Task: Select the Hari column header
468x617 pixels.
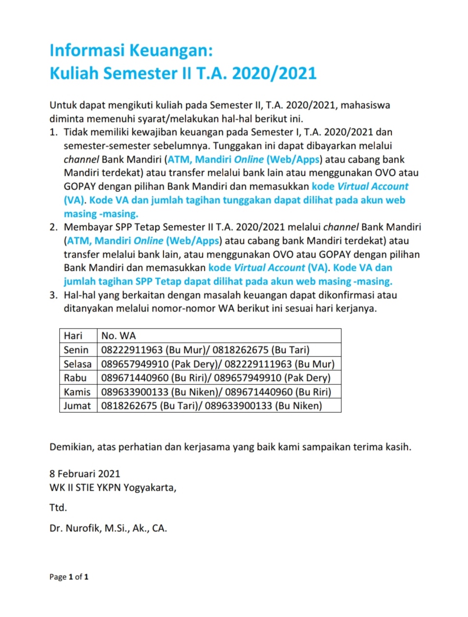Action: coord(73,336)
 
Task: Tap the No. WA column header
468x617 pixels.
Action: coord(118,336)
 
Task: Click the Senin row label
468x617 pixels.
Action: coord(76,350)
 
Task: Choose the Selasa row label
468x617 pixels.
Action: coord(77,364)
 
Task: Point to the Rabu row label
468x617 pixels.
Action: coord(75,378)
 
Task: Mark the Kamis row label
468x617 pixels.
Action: coord(77,392)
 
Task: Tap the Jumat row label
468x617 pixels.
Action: coord(77,406)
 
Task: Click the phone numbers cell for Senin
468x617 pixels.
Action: coord(205,350)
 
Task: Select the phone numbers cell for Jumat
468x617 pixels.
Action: coord(211,406)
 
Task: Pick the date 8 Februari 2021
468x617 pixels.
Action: coord(85,474)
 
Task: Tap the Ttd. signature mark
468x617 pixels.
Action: coord(58,508)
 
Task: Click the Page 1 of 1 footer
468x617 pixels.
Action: coord(68,577)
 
